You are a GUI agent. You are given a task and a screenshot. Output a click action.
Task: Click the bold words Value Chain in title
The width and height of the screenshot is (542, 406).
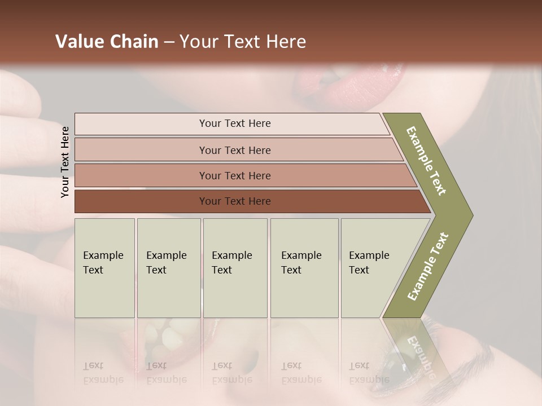[x=107, y=42]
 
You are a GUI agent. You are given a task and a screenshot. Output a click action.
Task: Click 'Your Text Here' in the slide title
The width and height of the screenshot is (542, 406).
[x=243, y=42]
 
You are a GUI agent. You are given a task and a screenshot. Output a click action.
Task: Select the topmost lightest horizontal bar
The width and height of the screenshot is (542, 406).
[x=234, y=123]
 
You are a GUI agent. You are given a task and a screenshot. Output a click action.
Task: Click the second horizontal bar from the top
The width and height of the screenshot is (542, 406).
[x=234, y=150]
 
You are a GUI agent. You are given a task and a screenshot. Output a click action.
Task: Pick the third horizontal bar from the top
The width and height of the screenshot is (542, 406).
[x=234, y=175]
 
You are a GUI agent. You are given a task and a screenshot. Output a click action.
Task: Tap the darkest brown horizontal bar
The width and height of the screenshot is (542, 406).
[x=234, y=201]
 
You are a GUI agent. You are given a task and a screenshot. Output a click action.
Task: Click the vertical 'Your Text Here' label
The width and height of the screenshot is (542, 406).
[x=65, y=162]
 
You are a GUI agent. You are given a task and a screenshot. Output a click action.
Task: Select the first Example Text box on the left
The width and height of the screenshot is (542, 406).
[x=104, y=267]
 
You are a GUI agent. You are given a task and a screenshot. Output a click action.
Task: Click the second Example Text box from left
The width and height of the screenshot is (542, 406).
[x=168, y=267]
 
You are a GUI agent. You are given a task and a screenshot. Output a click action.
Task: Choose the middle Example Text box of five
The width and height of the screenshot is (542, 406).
[x=235, y=267]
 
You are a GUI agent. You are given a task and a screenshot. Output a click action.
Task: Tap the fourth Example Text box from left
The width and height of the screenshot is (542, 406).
[x=304, y=267]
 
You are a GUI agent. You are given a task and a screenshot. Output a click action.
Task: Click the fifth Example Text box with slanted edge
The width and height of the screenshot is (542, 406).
[x=373, y=267]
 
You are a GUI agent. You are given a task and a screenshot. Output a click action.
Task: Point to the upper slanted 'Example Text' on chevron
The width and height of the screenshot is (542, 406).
[x=426, y=161]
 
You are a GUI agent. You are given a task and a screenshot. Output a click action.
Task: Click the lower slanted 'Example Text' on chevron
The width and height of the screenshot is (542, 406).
[x=428, y=266]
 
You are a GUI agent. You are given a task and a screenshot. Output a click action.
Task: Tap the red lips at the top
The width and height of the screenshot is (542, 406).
[x=350, y=85]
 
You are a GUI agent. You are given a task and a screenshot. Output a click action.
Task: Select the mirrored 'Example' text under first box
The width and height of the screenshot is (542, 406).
[x=103, y=379]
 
